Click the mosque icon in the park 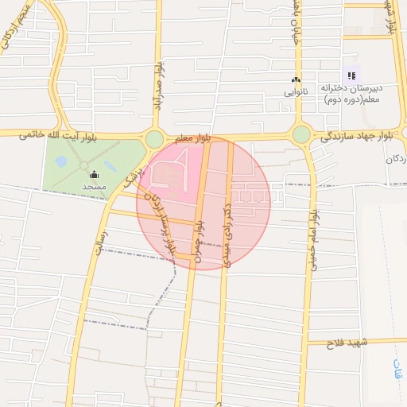coord(95,174)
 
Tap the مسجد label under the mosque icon coord(94,187)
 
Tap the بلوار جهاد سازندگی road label coord(356,137)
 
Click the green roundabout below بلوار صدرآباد coord(154,140)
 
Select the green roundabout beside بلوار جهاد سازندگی coord(301,134)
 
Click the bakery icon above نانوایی coord(296,80)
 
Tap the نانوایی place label coord(296,92)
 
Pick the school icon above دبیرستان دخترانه coord(351,76)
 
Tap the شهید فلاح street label coord(350,343)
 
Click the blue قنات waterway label coord(397,369)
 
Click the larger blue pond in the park coord(61,161)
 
